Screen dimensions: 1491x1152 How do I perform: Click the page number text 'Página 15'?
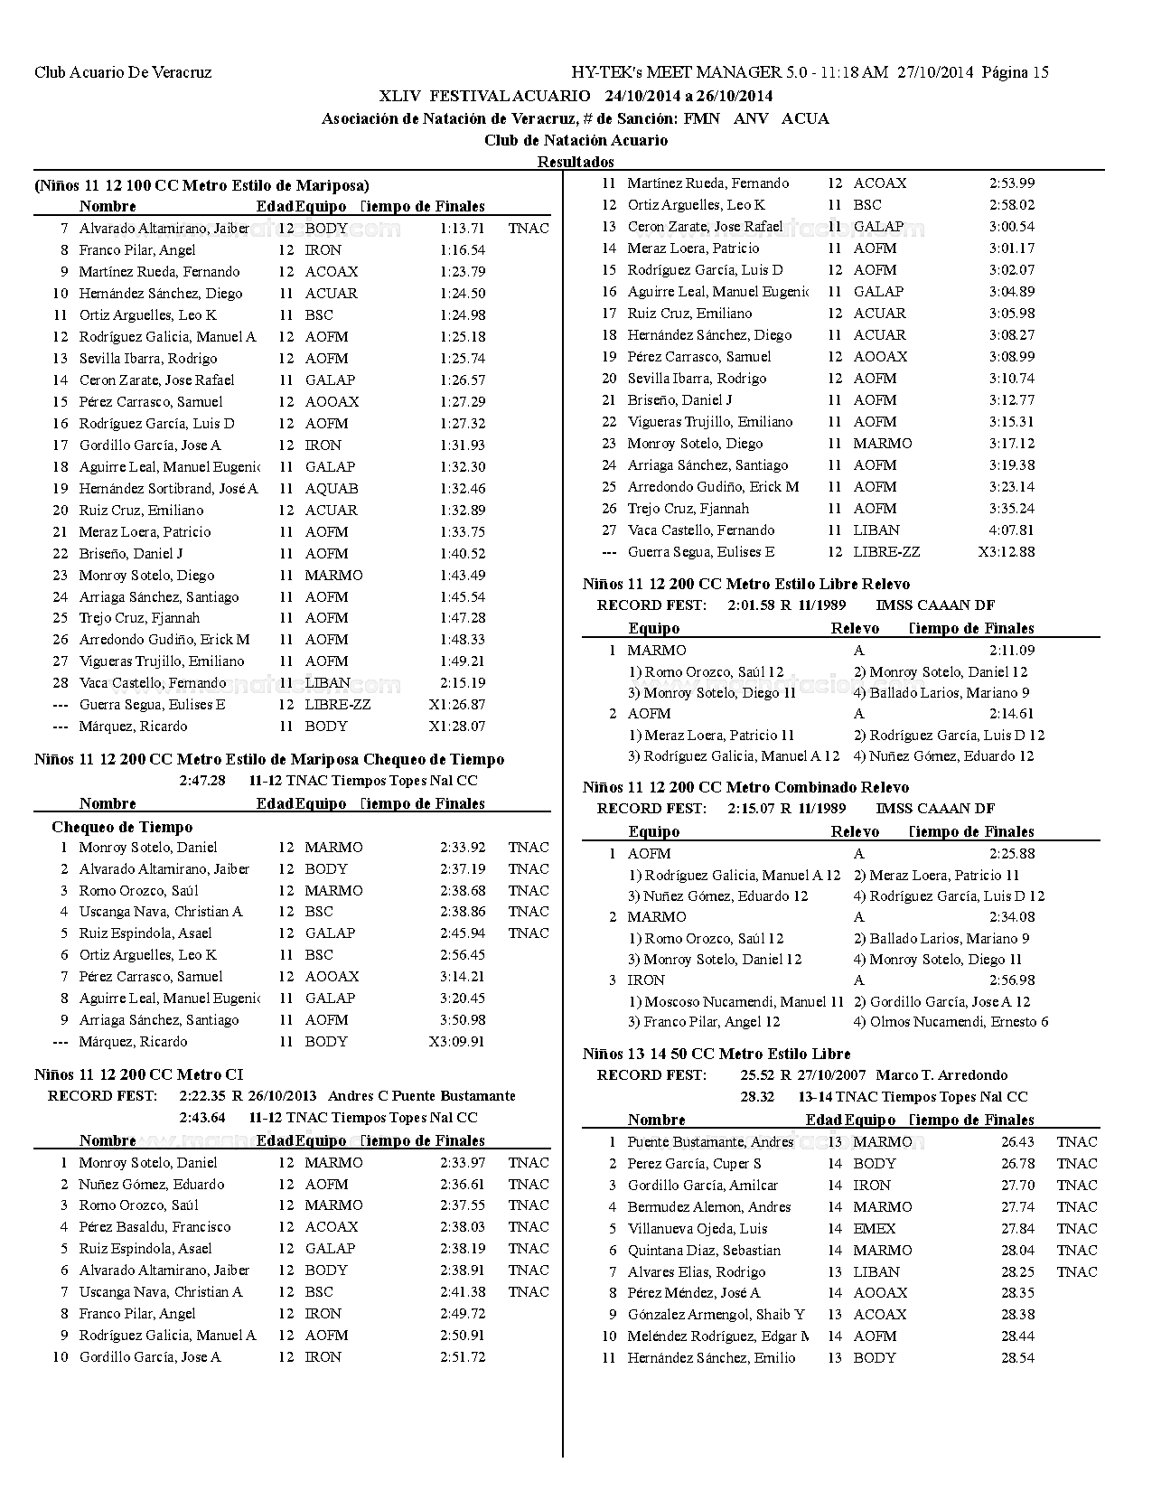tap(1015, 73)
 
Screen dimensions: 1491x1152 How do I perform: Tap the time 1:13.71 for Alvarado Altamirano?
tap(462, 229)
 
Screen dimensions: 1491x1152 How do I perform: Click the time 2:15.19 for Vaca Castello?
tap(462, 683)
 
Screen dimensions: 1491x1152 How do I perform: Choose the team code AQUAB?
tap(331, 489)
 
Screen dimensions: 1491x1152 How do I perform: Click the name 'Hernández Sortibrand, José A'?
tap(168, 489)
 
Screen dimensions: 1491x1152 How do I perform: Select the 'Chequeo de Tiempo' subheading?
tap(122, 827)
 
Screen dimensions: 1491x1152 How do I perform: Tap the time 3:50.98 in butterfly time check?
tap(462, 1020)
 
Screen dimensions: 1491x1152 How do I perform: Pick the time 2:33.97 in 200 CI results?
tap(462, 1163)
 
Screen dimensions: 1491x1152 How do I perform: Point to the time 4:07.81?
tap(1011, 530)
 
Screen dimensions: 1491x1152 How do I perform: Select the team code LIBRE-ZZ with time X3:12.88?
tap(886, 552)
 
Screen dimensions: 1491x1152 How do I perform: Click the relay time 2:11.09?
tap(1011, 651)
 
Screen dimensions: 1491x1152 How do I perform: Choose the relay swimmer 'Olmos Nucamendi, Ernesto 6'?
tap(951, 1022)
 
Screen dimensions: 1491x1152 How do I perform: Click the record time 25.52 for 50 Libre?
tap(756, 1075)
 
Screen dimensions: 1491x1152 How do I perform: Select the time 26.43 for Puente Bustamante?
tap(1017, 1142)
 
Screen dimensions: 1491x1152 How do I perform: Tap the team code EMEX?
tap(874, 1229)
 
